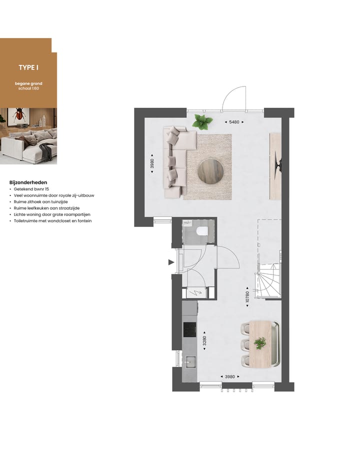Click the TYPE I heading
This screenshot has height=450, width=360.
28,67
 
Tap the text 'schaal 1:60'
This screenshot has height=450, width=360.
28,88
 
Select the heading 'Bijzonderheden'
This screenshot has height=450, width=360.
28,182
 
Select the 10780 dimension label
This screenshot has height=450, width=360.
247,294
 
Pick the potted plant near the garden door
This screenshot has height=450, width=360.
202,121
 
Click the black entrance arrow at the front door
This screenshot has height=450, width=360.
171,262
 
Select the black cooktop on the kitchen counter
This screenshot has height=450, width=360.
189,329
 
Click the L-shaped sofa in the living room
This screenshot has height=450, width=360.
176,160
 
